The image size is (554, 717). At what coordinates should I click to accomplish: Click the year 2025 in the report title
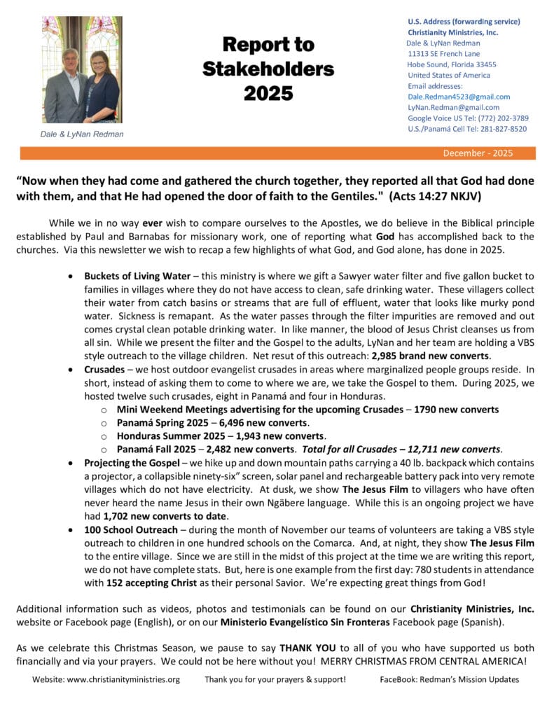click(x=268, y=93)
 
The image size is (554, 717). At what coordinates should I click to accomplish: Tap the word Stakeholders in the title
click(x=268, y=69)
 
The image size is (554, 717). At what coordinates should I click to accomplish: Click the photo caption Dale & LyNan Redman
click(x=82, y=134)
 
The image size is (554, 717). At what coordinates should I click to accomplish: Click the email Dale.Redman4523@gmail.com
click(x=459, y=97)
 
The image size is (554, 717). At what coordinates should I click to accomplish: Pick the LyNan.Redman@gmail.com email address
click(x=453, y=108)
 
